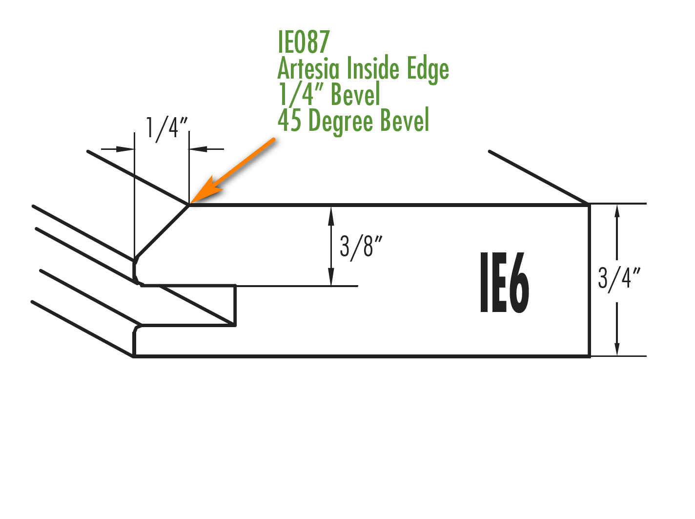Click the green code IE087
click(304, 42)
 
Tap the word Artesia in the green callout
click(308, 68)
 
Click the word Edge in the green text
click(428, 70)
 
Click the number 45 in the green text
click(289, 120)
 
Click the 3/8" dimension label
click(361, 248)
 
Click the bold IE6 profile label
click(504, 282)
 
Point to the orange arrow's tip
click(190, 203)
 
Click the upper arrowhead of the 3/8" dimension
click(331, 216)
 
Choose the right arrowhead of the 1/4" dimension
click(198, 149)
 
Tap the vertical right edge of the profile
click(589, 281)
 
